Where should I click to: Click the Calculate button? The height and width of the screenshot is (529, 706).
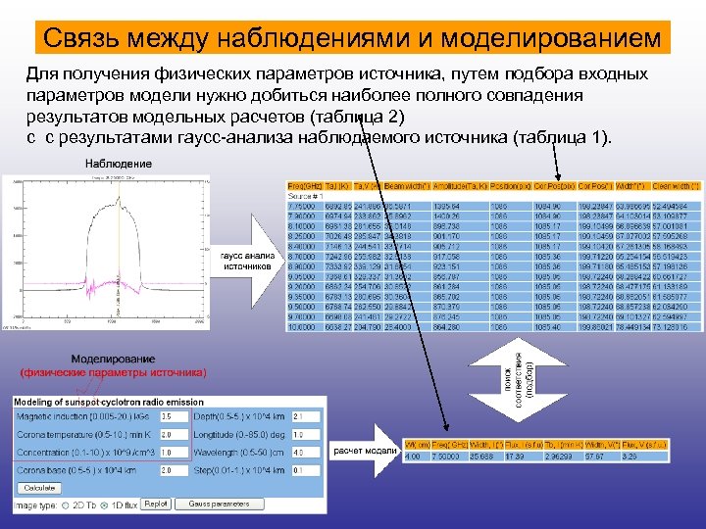pos(40,487)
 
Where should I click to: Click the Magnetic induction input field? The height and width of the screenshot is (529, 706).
pos(174,417)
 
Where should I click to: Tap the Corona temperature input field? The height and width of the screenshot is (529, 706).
pos(174,435)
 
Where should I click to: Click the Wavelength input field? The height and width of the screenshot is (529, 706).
pos(304,453)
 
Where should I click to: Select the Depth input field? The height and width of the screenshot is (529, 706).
pos(304,417)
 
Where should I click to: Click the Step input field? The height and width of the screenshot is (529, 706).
pos(304,470)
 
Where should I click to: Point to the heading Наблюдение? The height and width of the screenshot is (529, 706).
pos(119,163)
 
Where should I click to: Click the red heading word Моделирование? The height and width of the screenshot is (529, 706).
pos(114,360)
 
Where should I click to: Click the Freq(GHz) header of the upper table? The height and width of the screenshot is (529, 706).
pos(304,185)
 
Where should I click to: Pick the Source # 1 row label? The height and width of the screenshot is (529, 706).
pos(304,196)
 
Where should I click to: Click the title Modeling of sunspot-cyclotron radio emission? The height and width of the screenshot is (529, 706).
pos(112,403)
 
